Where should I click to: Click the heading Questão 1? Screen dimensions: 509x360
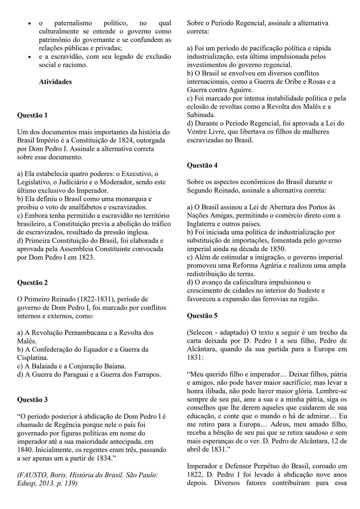[32, 115]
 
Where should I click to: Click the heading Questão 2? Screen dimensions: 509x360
[32, 283]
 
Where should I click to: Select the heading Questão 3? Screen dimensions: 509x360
[32, 400]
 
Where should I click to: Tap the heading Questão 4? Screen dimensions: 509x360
[202, 165]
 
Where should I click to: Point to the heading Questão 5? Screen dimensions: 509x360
[202, 316]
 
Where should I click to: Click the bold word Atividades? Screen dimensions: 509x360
[55, 82]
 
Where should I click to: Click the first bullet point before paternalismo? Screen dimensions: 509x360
[30, 24]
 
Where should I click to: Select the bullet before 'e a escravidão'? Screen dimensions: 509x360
[30, 57]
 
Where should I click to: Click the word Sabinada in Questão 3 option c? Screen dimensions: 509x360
[200, 115]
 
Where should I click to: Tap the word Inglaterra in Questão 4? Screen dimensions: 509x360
[202, 224]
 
